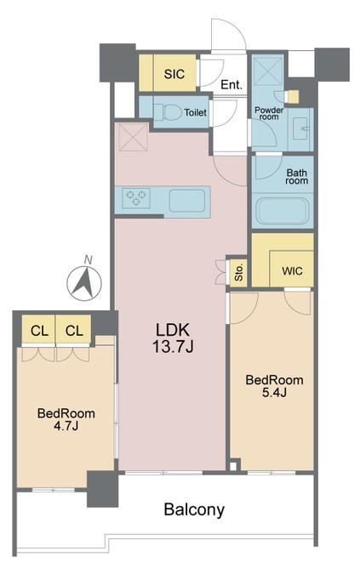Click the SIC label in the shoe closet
click(x=174, y=74)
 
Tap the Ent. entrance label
click(x=231, y=85)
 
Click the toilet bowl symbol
click(x=168, y=112)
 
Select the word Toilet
click(x=196, y=112)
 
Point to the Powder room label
click(x=269, y=113)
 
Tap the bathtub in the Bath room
click(x=282, y=212)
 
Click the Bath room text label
click(x=297, y=176)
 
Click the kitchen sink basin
click(x=186, y=201)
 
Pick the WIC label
click(x=292, y=271)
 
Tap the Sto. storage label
click(x=239, y=273)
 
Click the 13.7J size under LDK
click(x=173, y=346)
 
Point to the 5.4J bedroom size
click(x=274, y=392)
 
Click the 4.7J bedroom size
click(x=66, y=426)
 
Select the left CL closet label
click(x=39, y=332)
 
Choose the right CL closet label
click(x=74, y=332)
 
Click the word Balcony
click(x=194, y=510)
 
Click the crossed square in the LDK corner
click(x=134, y=137)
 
